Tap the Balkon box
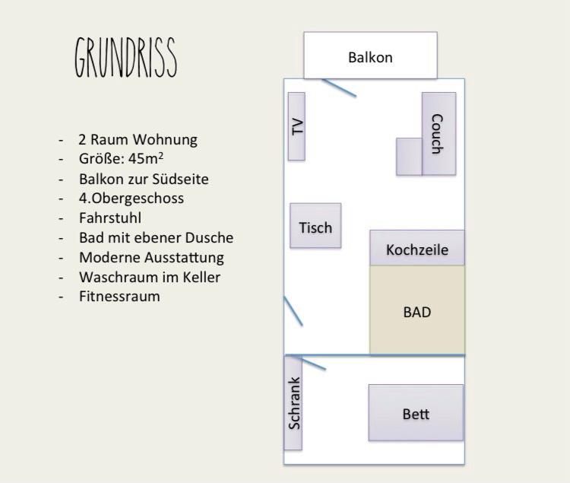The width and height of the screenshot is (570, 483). [x=370, y=56]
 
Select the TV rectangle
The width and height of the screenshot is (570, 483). [x=296, y=126]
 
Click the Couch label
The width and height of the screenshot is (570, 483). [x=437, y=134]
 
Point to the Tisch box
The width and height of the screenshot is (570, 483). [x=315, y=226]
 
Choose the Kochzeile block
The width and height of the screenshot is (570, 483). [x=416, y=249]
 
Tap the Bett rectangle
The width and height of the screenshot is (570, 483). [x=416, y=413]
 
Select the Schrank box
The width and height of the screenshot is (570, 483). [x=294, y=403]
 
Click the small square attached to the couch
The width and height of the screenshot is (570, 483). [x=409, y=156]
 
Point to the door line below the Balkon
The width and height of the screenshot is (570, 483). [x=339, y=87]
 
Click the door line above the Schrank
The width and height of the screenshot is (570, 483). [x=307, y=363]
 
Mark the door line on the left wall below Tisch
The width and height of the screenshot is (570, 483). [x=293, y=311]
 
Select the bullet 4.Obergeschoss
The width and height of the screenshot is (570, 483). [x=131, y=199]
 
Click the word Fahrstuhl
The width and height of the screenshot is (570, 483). [x=109, y=218]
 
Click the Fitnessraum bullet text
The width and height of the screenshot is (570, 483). [x=119, y=297]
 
